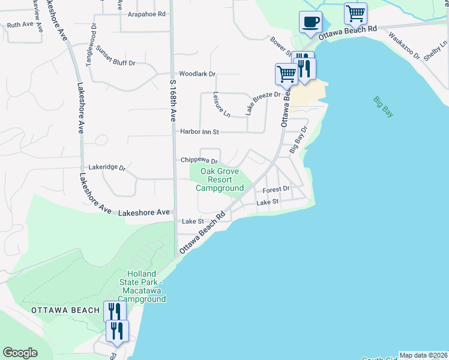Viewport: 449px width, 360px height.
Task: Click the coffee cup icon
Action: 310,23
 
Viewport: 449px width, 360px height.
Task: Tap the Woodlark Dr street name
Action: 197,74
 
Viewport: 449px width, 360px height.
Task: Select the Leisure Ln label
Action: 221,104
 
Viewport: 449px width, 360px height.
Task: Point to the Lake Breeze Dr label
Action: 262,103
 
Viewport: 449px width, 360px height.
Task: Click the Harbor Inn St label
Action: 200,131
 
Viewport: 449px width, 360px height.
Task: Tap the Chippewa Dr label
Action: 199,161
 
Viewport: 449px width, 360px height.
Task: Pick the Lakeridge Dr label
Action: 106,168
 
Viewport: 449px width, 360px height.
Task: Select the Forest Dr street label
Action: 276,188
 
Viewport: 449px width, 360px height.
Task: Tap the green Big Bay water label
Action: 382,107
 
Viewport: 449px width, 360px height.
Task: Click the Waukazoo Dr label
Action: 404,45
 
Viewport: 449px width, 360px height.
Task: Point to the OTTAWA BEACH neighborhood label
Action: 65,310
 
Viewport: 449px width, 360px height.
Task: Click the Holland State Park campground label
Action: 142,286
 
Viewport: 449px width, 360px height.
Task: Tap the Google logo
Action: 20,353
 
